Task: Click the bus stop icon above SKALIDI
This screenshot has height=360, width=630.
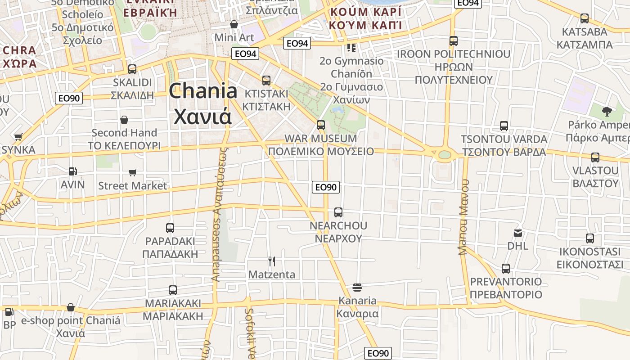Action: (x=132, y=69)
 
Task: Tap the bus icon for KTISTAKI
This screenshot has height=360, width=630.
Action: (x=266, y=81)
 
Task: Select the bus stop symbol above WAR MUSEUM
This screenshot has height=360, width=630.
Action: (x=321, y=125)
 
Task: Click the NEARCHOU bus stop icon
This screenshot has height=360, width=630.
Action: (x=338, y=212)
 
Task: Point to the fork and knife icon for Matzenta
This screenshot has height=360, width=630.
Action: (x=272, y=261)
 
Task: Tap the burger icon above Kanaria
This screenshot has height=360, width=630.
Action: (x=357, y=287)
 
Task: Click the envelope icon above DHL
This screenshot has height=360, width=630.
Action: (x=518, y=233)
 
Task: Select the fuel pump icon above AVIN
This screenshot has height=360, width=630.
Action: (x=72, y=171)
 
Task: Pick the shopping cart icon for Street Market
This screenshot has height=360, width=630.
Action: (x=133, y=172)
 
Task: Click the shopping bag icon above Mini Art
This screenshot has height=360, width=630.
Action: (x=234, y=24)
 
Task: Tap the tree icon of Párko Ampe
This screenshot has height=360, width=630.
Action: (x=607, y=111)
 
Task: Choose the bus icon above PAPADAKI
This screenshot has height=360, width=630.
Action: (x=170, y=228)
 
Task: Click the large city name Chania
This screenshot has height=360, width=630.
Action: (x=203, y=91)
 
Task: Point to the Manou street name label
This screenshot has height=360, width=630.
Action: (x=464, y=217)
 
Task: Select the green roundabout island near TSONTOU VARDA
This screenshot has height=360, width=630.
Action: (x=444, y=154)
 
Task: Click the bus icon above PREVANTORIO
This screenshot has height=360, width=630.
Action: (x=506, y=269)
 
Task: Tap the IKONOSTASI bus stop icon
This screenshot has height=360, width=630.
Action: (x=590, y=238)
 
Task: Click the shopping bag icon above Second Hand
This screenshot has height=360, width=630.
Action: (x=124, y=120)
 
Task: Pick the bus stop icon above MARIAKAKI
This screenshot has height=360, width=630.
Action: (x=173, y=290)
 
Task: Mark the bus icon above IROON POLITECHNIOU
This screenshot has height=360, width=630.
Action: (x=454, y=41)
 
